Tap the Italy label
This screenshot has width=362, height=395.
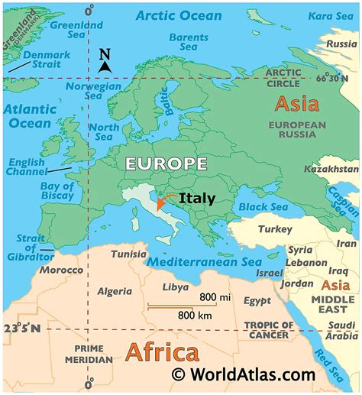198,199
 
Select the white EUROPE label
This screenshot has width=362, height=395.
166,164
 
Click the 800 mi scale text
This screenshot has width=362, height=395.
215,296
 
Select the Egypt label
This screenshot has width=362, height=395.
257,301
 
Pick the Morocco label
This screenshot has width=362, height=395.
61,271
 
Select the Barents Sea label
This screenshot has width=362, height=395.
188,42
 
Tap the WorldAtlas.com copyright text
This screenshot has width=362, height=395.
242,376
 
